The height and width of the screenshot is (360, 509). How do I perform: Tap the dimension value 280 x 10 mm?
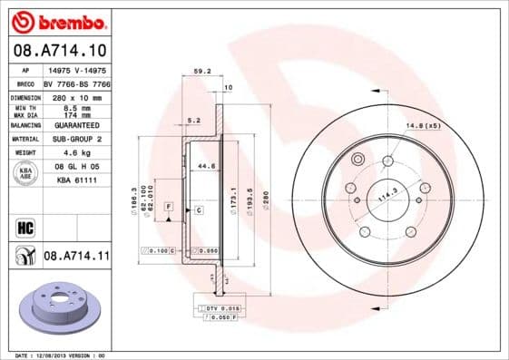74,96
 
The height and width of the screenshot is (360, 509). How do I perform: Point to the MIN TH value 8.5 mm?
74,107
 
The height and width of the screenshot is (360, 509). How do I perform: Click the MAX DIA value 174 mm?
74,115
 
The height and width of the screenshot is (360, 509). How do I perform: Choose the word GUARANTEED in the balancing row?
74,125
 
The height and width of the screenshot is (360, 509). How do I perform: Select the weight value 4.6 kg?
74,154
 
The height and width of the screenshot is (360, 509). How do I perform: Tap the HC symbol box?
24,228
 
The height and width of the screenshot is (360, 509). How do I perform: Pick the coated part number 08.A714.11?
76,257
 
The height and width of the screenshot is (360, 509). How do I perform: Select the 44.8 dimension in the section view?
206,166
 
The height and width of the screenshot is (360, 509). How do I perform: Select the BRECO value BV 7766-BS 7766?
74,83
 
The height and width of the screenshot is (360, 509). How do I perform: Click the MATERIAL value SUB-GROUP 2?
74,140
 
